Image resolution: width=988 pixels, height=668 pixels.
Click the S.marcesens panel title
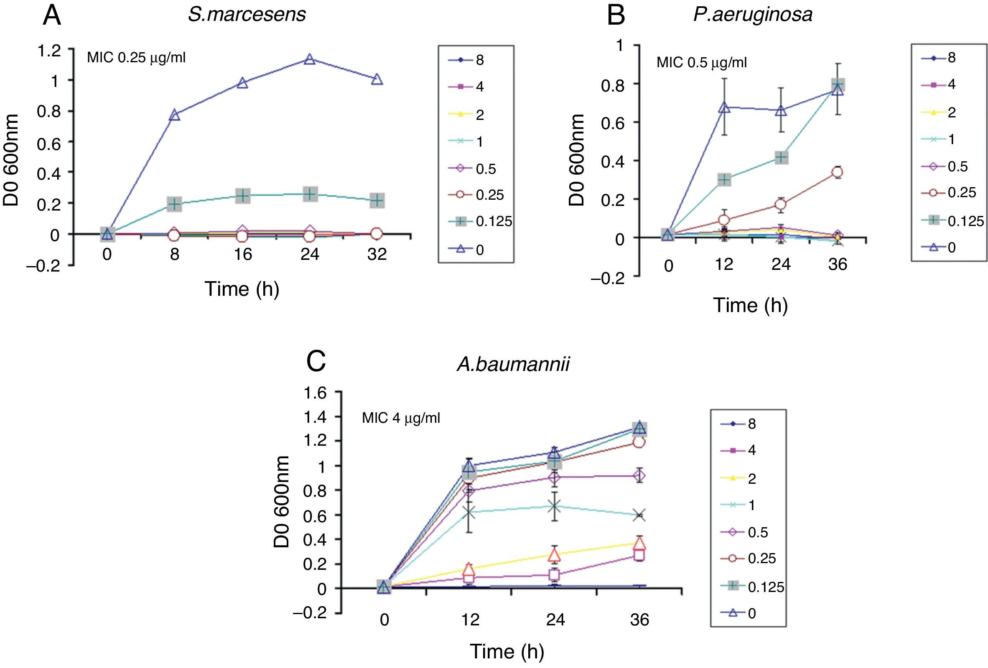(247, 14)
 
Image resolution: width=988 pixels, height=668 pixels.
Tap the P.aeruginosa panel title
(752, 14)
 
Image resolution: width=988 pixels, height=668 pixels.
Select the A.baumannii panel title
(513, 364)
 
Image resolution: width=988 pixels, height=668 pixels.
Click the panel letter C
(316, 362)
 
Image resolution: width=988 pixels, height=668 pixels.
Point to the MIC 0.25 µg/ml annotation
(136, 57)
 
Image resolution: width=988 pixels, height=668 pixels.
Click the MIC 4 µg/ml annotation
(400, 418)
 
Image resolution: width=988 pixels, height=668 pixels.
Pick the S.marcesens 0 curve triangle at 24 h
(310, 59)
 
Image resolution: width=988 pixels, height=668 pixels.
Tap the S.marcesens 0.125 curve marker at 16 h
(242, 196)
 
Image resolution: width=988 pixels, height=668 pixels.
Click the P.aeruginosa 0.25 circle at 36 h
(838, 172)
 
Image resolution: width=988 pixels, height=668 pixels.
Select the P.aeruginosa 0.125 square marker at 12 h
(724, 179)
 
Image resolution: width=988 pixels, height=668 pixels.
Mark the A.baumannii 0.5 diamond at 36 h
(639, 476)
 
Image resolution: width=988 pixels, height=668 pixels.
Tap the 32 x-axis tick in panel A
(377, 254)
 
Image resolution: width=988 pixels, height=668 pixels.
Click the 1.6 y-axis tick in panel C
(315, 393)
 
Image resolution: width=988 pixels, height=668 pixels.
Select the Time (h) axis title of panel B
(750, 305)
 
